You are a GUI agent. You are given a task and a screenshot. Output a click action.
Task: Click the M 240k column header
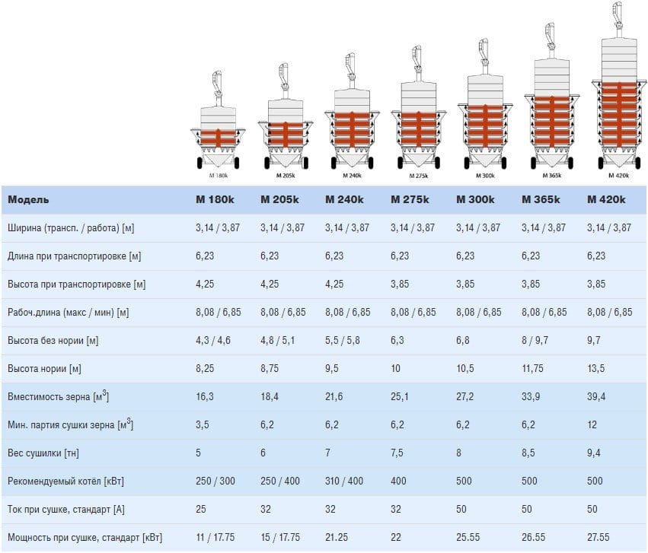tap(344, 200)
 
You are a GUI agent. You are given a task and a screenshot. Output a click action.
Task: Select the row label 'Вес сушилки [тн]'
tap(43, 453)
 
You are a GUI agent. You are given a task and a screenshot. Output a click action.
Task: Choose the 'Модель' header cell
tap(28, 200)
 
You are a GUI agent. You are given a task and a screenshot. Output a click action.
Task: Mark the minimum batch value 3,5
tap(203, 425)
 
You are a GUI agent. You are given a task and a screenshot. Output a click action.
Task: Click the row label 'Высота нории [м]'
tap(44, 369)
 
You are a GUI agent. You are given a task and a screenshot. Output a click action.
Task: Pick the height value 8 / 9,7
tap(538, 341)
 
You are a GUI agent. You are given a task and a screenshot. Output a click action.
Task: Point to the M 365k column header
tap(541, 200)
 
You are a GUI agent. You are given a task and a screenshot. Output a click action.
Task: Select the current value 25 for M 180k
tap(201, 510)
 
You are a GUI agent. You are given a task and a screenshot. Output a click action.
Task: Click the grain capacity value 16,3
tap(205, 397)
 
